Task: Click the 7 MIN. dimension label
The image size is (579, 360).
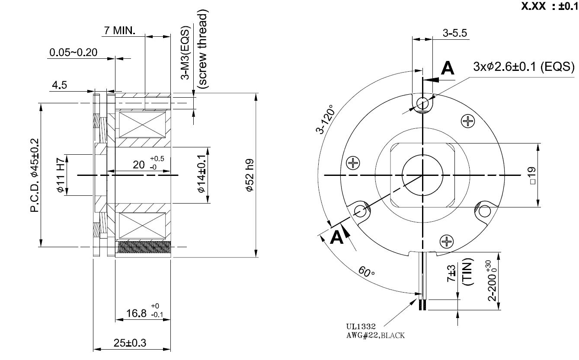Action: tap(119, 31)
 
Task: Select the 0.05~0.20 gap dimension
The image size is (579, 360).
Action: tap(73, 53)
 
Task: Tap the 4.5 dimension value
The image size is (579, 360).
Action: tap(59, 85)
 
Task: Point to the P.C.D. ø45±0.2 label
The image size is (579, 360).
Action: tap(35, 175)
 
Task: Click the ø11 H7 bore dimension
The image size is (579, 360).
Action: tap(61, 175)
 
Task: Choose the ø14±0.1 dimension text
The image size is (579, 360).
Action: tap(201, 175)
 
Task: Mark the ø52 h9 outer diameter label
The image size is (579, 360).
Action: tap(249, 175)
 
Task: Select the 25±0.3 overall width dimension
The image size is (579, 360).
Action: tap(130, 343)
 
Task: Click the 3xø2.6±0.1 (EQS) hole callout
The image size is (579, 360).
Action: tap(524, 67)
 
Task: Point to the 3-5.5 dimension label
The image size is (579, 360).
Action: tap(455, 33)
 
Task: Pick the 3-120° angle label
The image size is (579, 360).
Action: tap(326, 119)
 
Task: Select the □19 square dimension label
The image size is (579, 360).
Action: tap(531, 175)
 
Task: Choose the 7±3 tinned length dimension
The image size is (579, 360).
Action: tap(452, 273)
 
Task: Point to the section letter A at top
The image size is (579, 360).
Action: tap(448, 69)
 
